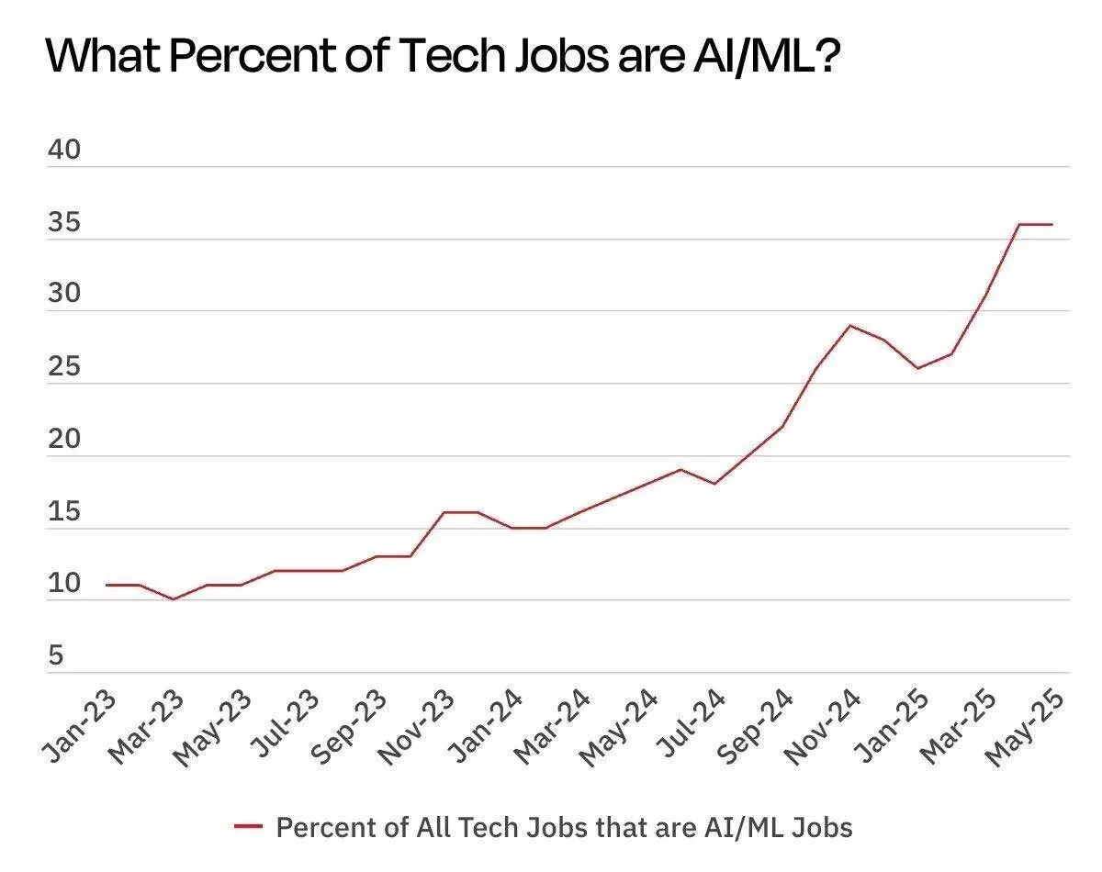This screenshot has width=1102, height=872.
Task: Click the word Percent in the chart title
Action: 236,57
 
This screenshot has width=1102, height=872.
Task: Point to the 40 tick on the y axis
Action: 64,151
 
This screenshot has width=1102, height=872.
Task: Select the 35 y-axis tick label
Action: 64,223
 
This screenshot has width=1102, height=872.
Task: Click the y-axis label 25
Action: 64,367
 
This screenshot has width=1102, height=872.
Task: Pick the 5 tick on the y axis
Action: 56,656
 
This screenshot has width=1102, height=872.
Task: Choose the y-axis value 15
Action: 64,512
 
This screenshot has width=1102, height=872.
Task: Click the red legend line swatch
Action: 249,827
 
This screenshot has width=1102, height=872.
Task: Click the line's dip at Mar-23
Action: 174,599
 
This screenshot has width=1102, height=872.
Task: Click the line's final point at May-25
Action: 1052,224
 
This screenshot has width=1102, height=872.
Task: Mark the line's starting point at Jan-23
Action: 107,585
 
